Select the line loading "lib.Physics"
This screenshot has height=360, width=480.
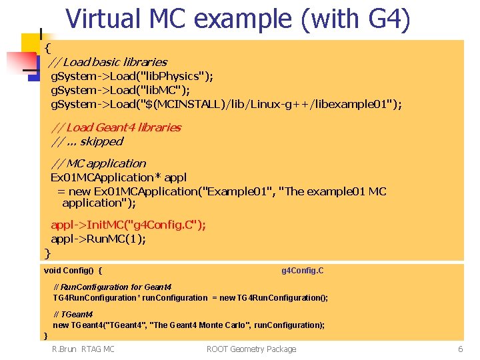click(x=132, y=76)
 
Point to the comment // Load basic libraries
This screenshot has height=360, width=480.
click(x=107, y=62)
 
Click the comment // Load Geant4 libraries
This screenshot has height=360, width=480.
click(x=116, y=127)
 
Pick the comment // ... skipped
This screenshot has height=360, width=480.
click(x=87, y=141)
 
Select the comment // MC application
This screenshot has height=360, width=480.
click(x=99, y=163)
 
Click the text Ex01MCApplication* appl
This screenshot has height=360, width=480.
click(x=119, y=177)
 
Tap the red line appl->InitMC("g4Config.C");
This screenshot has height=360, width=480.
click(x=128, y=225)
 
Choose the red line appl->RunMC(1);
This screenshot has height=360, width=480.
click(x=98, y=239)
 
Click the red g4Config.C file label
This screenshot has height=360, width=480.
click(x=303, y=271)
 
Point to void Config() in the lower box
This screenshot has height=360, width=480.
click(x=73, y=271)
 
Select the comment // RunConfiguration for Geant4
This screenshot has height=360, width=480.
click(x=112, y=287)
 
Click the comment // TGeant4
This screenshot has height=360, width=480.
click(x=73, y=314)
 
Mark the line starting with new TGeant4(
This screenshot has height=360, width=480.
click(x=189, y=325)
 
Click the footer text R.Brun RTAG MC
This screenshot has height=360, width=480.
click(x=83, y=349)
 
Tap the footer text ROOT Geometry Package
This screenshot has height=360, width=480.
click(x=251, y=349)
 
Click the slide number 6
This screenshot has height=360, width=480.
click(x=460, y=349)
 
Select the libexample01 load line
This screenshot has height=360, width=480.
click(x=227, y=104)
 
